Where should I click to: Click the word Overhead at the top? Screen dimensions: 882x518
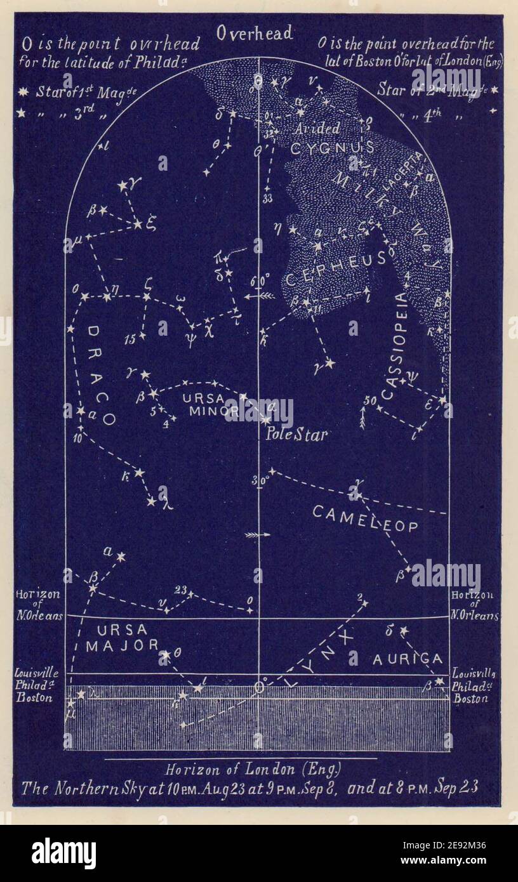click(x=254, y=32)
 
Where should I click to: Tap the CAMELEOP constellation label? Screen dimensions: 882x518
click(x=366, y=518)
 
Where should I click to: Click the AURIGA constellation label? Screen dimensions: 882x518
click(x=407, y=659)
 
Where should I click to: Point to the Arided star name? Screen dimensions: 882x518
click(x=318, y=128)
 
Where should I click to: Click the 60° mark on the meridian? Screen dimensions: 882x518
click(x=263, y=280)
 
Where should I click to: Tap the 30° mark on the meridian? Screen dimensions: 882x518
click(x=259, y=481)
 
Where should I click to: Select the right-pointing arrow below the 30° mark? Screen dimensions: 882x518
click(x=257, y=535)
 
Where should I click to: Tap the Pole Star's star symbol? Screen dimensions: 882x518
click(x=265, y=419)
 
